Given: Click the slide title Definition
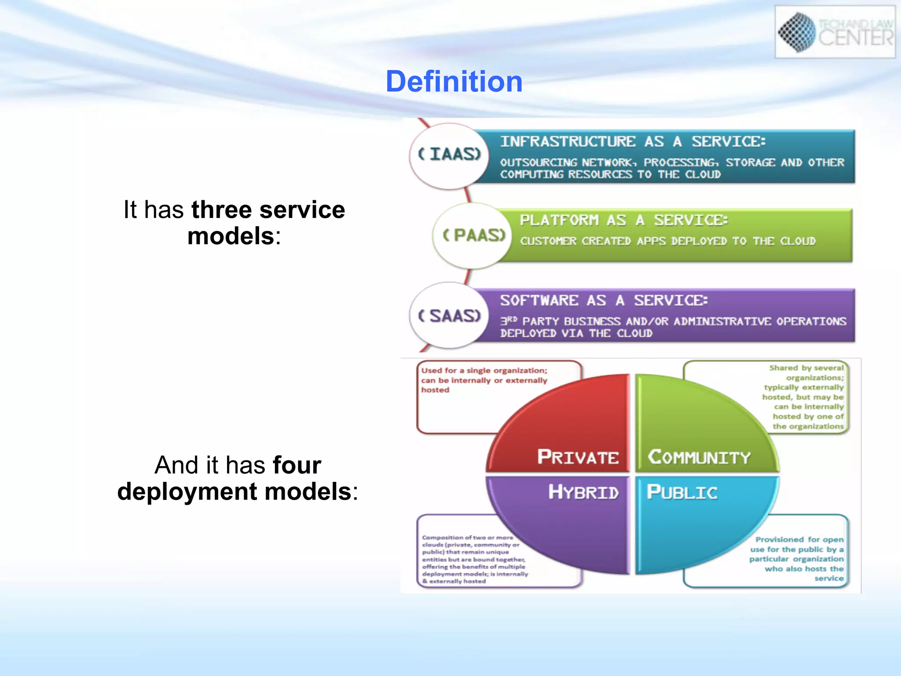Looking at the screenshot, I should [x=454, y=82].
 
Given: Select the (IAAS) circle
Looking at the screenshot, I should [x=449, y=155].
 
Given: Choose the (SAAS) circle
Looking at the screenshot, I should [x=449, y=316].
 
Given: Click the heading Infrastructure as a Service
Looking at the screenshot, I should [x=633, y=142].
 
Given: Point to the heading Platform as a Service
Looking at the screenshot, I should [x=623, y=220].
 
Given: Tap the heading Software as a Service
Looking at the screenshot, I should [x=604, y=301].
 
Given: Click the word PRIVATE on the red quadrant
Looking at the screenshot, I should [x=578, y=457].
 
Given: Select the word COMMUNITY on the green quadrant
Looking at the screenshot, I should [x=699, y=457].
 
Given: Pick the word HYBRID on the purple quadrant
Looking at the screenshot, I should [x=583, y=492].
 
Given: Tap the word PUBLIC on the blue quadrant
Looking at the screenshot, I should [x=681, y=492].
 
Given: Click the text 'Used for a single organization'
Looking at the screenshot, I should [x=484, y=371].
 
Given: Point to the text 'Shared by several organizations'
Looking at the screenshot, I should [x=806, y=373].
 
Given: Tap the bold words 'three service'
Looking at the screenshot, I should [x=268, y=209].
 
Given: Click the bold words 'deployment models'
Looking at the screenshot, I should [x=234, y=492].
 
